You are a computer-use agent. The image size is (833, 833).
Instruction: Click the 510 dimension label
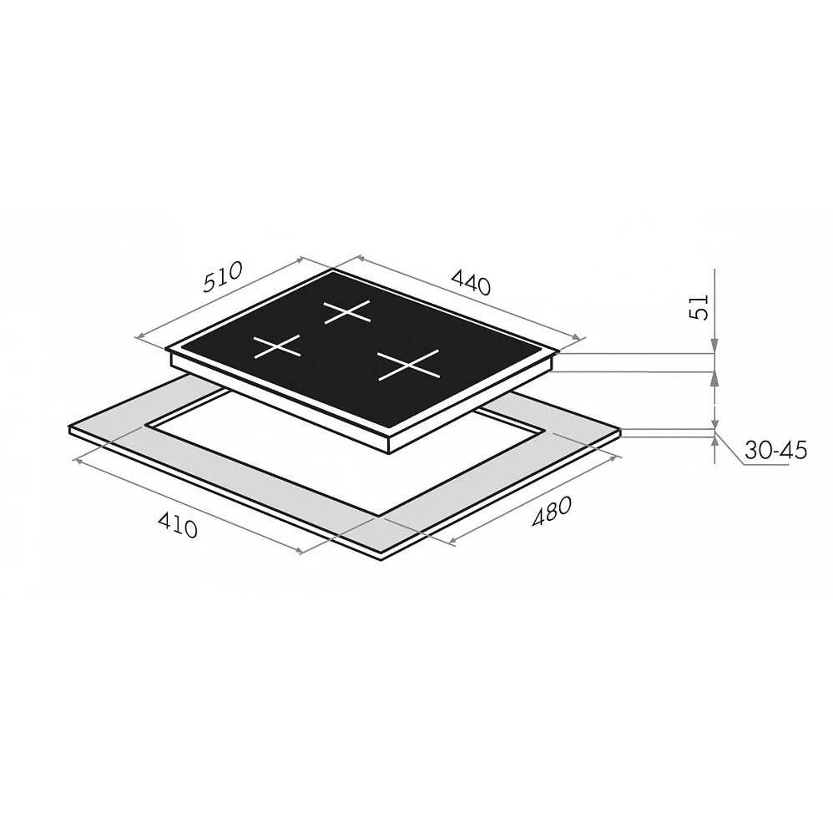(223, 277)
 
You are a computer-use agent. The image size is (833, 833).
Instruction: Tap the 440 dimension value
(470, 282)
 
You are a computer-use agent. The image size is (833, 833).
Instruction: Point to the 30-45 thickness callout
(775, 451)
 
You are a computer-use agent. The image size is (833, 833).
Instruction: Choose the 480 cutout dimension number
(552, 512)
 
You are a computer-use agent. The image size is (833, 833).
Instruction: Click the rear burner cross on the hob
(347, 312)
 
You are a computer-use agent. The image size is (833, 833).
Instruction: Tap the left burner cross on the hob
(277, 346)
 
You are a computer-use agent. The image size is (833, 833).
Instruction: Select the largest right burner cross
(408, 365)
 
